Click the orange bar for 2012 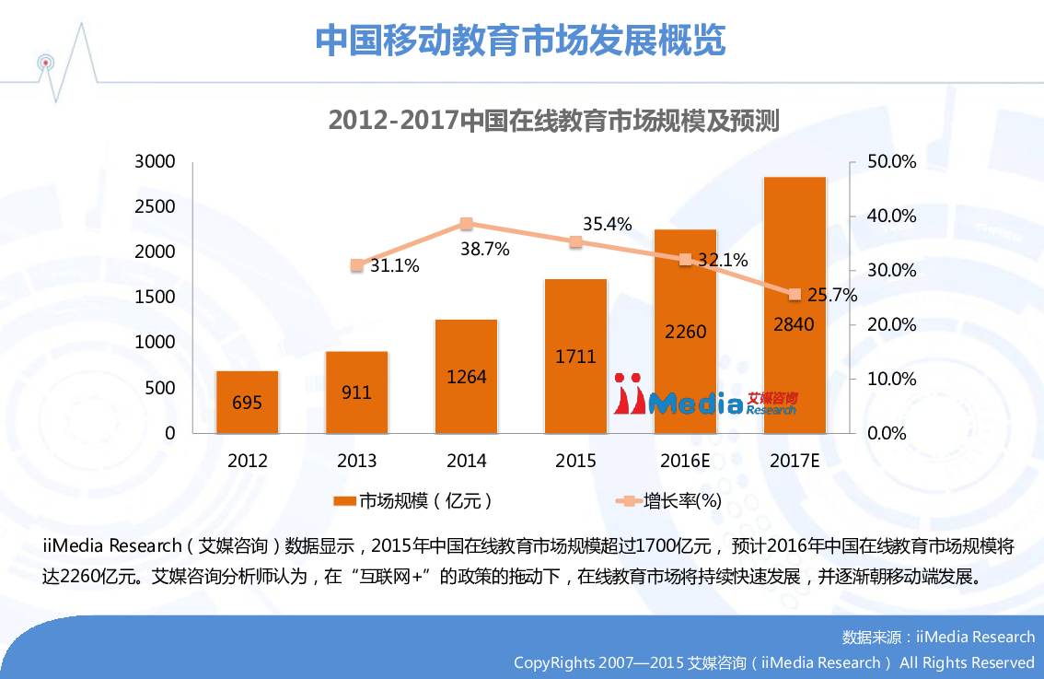[247, 402]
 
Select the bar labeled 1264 [466, 376]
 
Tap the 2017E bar [795, 304]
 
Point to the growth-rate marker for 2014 [467, 224]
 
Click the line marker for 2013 [357, 265]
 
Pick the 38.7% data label [484, 249]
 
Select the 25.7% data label [832, 296]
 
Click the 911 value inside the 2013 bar [356, 392]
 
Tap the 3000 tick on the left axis [155, 162]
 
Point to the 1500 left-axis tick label [155, 298]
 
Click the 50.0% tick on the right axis [892, 162]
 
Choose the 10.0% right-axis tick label [892, 379]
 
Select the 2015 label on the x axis [575, 461]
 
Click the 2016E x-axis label [684, 461]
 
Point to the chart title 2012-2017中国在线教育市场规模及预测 [554, 121]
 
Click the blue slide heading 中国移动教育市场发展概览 [520, 41]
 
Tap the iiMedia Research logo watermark [705, 396]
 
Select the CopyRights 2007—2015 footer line [773, 662]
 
